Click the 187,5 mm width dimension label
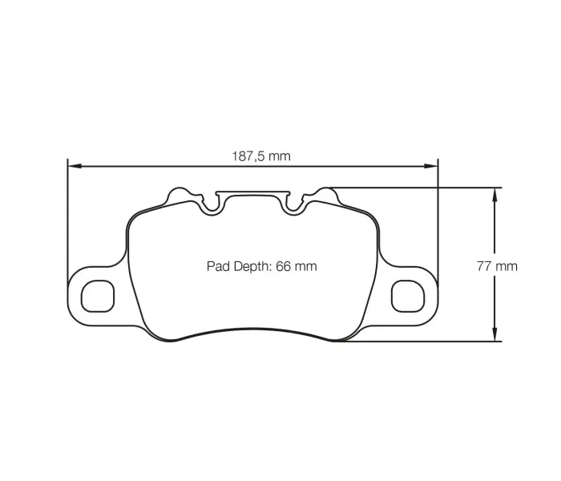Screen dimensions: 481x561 pos(261,156)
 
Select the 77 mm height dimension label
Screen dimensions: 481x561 pos(497,266)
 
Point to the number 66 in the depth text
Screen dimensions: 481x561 pos(282,266)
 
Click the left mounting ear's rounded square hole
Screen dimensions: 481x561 pos(98,296)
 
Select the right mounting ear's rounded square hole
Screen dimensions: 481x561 pos(406,296)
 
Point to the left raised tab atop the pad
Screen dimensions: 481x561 pos(180,193)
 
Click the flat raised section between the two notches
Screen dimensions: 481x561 pos(252,193)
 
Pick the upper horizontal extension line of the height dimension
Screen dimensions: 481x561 pos(417,188)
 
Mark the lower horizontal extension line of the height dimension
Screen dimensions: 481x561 pos(417,342)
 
